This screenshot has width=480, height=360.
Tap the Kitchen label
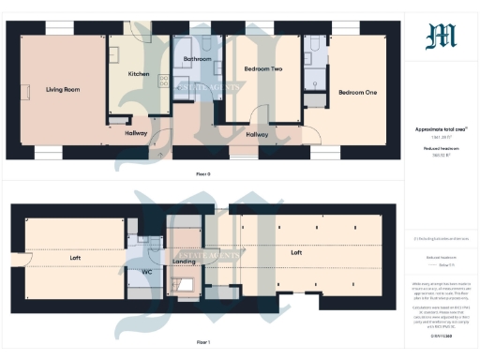[139, 73]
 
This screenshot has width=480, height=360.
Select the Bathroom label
[197, 59]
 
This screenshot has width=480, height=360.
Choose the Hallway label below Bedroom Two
[257, 134]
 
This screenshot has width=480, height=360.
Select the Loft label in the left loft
[76, 256]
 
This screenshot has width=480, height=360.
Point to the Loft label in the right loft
[296, 253]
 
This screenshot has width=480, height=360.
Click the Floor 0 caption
[203, 174]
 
